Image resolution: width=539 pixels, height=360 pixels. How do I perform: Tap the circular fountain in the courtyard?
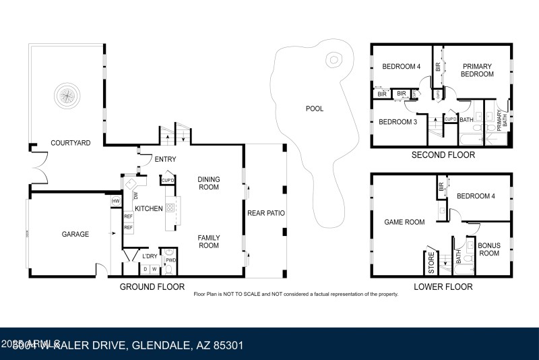(x=67, y=95)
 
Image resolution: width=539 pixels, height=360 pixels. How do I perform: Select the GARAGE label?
(x=75, y=234)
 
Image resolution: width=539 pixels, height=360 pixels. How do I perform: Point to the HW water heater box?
(x=116, y=201)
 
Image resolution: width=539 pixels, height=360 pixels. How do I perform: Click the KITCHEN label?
(x=148, y=209)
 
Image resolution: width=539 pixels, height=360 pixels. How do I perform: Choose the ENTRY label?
(x=165, y=160)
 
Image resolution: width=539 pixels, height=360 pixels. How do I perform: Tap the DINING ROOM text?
(x=209, y=183)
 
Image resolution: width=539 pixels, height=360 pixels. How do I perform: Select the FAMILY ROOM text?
(x=209, y=241)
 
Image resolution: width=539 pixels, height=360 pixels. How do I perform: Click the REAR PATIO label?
(x=265, y=213)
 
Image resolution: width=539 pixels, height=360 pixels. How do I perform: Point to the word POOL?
(x=315, y=108)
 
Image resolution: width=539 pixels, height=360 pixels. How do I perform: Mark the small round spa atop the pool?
(x=333, y=60)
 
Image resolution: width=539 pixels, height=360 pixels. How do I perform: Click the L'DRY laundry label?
(x=150, y=256)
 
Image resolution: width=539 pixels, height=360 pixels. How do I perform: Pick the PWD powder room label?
(x=171, y=260)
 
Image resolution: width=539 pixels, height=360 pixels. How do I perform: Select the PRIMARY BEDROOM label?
(x=477, y=70)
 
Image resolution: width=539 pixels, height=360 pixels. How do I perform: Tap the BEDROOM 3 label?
(x=398, y=122)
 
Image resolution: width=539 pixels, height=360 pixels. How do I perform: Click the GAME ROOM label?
(x=404, y=222)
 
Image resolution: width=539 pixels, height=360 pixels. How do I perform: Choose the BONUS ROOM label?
(x=488, y=249)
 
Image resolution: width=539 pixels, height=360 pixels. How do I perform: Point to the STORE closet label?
(x=432, y=263)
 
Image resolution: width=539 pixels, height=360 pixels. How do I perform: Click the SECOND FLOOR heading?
(x=443, y=155)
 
